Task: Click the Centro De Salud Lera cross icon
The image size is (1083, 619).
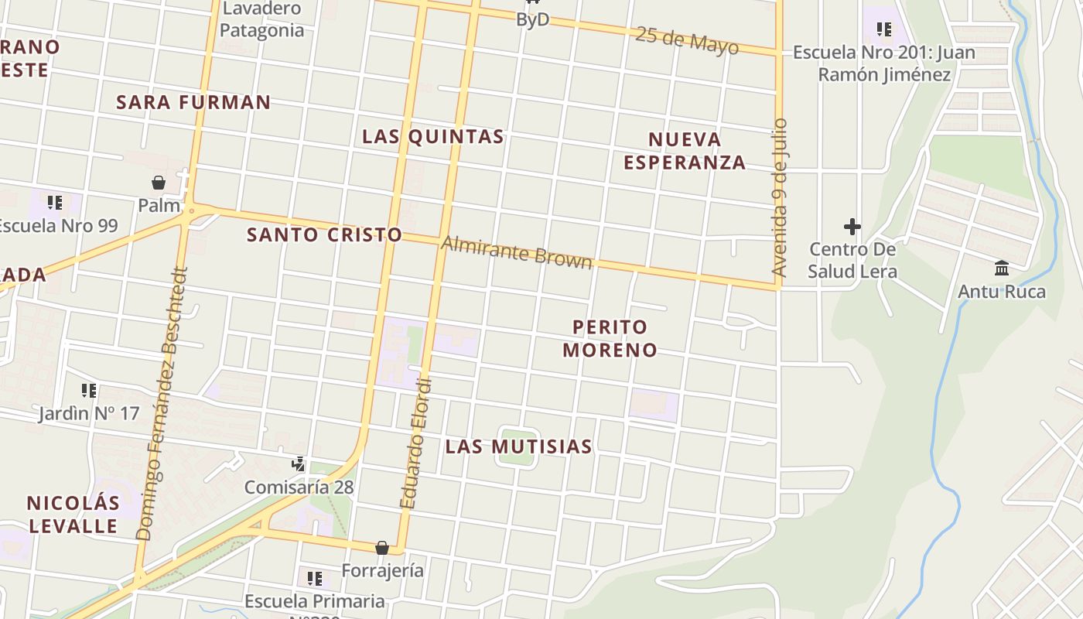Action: [x=852, y=227]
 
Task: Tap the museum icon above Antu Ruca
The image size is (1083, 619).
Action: [x=1002, y=268]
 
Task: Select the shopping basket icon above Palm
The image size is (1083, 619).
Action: [x=159, y=183]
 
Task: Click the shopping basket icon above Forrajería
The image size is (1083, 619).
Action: [x=382, y=548]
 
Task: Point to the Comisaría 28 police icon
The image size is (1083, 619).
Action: [x=299, y=464]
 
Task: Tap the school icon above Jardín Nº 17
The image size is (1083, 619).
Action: [x=89, y=391]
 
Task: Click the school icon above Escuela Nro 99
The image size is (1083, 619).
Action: [x=55, y=203]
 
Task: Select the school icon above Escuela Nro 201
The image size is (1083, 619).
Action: [x=883, y=30]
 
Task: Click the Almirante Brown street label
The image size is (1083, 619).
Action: [x=516, y=253]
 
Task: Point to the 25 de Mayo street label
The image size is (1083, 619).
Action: [x=686, y=40]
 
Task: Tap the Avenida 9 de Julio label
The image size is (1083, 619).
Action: [x=780, y=197]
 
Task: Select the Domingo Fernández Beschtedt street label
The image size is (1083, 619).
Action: [x=162, y=404]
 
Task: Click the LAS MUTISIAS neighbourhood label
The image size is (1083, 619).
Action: [x=518, y=446]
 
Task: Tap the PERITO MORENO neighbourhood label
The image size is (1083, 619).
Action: [x=610, y=338]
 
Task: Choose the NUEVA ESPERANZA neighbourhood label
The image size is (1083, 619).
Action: [x=685, y=151]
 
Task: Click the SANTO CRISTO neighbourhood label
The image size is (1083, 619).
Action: [x=324, y=234]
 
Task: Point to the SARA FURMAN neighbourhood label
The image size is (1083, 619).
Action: [x=193, y=102]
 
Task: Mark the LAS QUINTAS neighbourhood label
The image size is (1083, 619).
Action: [x=433, y=136]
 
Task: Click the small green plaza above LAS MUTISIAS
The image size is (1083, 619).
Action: [x=517, y=446]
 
